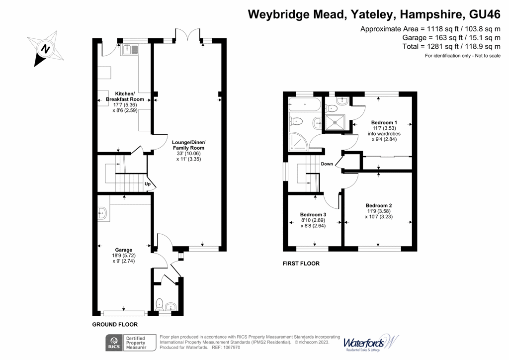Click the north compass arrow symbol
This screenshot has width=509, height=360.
pos(45,49)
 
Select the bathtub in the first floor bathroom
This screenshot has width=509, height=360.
pos(304,105)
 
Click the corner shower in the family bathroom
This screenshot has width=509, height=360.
pos(297,142)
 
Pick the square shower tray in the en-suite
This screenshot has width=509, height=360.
pos(335,121)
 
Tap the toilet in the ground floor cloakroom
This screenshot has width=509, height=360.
pos(160,304)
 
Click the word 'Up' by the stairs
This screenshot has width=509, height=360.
pos(148,184)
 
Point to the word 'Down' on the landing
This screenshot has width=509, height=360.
pos(327,164)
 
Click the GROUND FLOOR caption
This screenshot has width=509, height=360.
pos(115,324)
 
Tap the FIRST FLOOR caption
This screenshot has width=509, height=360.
pos(301,264)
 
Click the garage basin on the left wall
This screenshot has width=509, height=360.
pos(102,214)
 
